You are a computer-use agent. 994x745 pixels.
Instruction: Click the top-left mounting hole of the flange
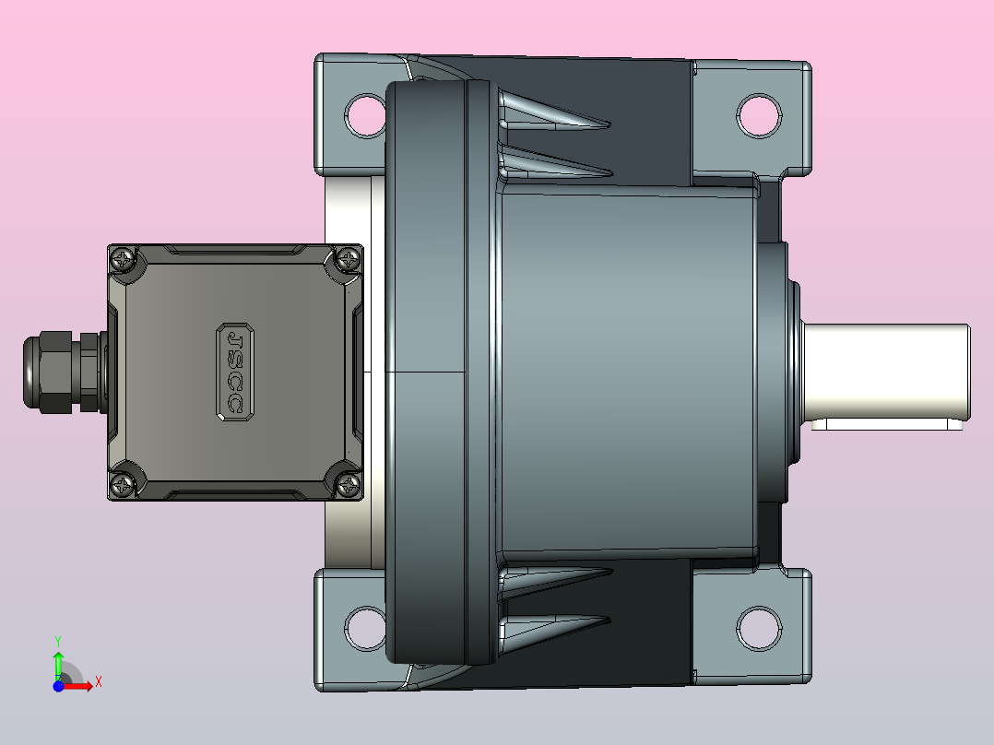tap(364, 115)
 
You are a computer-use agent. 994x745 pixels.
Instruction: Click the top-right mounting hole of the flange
tap(759, 115)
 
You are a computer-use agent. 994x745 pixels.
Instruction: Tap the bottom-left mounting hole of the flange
tap(364, 628)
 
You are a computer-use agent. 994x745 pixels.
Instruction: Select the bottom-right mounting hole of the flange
tap(759, 628)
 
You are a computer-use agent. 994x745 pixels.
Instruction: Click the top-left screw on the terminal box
tap(123, 259)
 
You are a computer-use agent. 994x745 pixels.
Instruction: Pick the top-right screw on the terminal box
tap(348, 259)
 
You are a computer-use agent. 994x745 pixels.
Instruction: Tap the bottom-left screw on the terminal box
tap(123, 486)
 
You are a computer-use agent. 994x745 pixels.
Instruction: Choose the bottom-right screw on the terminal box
tap(348, 486)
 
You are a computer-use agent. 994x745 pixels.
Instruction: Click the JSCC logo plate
tap(235, 372)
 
